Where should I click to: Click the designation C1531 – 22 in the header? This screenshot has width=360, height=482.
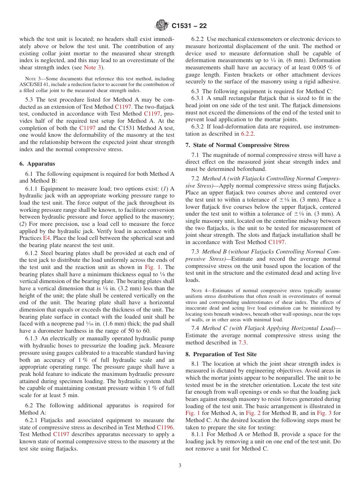[x=189, y=26]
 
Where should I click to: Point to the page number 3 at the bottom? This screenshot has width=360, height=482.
[x=180, y=465]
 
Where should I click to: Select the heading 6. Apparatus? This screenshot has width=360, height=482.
[x=37, y=164]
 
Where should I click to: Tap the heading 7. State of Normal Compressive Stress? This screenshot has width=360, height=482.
[x=237, y=145]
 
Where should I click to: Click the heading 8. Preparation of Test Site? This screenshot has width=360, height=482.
[x=221, y=354]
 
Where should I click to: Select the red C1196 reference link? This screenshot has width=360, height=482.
[x=165, y=427]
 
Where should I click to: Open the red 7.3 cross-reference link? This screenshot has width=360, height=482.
[x=243, y=343]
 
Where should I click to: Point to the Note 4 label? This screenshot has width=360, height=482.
[x=199, y=291]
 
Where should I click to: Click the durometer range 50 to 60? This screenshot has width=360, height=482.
[x=140, y=331]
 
